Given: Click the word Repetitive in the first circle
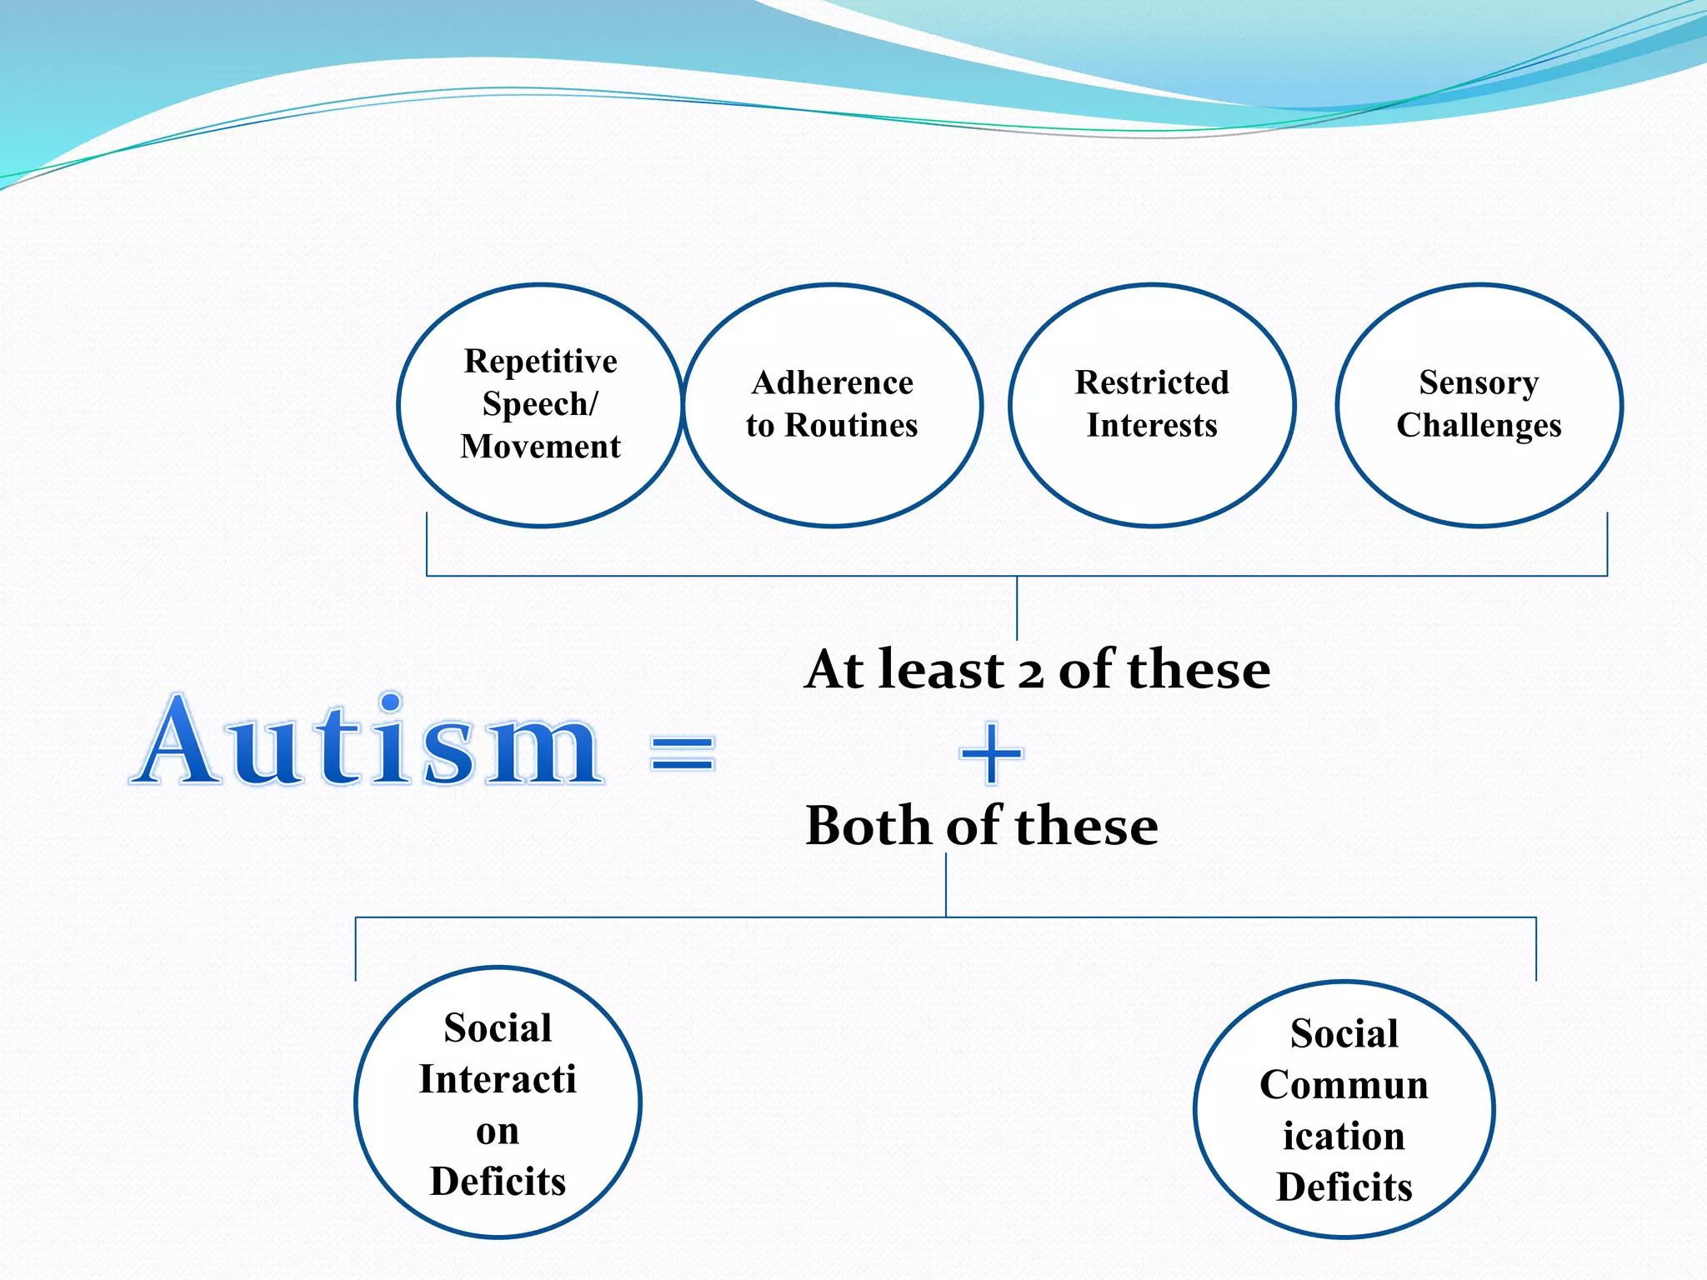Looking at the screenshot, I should click(x=540, y=362).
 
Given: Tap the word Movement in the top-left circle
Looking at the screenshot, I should click(x=540, y=447).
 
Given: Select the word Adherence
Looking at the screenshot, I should click(x=832, y=383).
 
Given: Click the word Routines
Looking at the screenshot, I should click(x=851, y=426).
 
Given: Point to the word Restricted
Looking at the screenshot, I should click(x=1152, y=383).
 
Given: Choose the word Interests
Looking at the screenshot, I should click(x=1152, y=426).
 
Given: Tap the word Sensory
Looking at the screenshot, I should click(x=1479, y=383).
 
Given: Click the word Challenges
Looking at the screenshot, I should click(x=1479, y=426).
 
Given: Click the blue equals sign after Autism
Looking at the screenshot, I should click(x=683, y=752).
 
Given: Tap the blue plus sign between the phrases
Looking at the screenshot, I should click(x=991, y=753).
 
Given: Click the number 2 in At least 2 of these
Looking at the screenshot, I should click(x=1031, y=672).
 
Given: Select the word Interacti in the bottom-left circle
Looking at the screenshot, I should click(x=498, y=1080).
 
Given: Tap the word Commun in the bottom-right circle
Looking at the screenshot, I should click(x=1344, y=1085).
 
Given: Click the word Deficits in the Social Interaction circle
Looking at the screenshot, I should click(x=498, y=1182).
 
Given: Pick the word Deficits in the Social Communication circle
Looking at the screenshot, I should click(x=1344, y=1187).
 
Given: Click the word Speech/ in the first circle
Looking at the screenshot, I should click(x=540, y=404).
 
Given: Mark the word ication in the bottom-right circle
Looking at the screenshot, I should click(x=1344, y=1137).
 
